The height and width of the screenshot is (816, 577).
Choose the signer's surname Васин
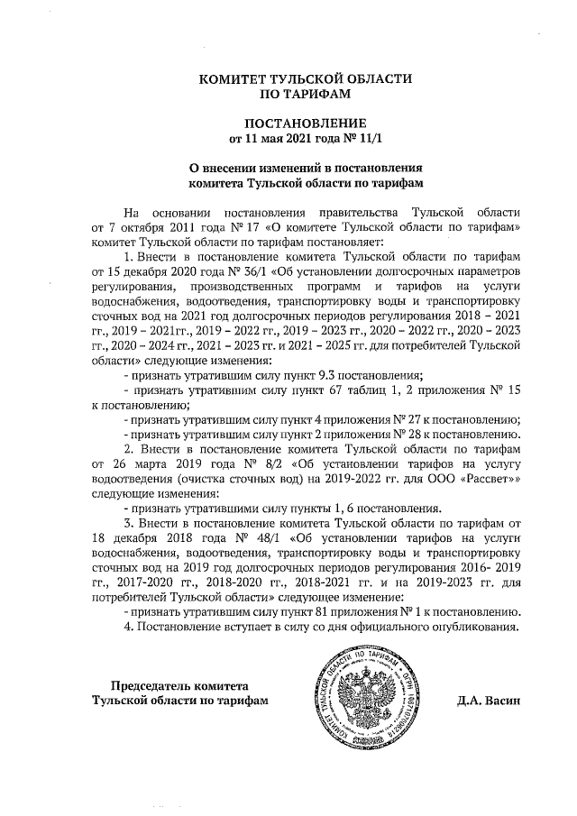(503, 700)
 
